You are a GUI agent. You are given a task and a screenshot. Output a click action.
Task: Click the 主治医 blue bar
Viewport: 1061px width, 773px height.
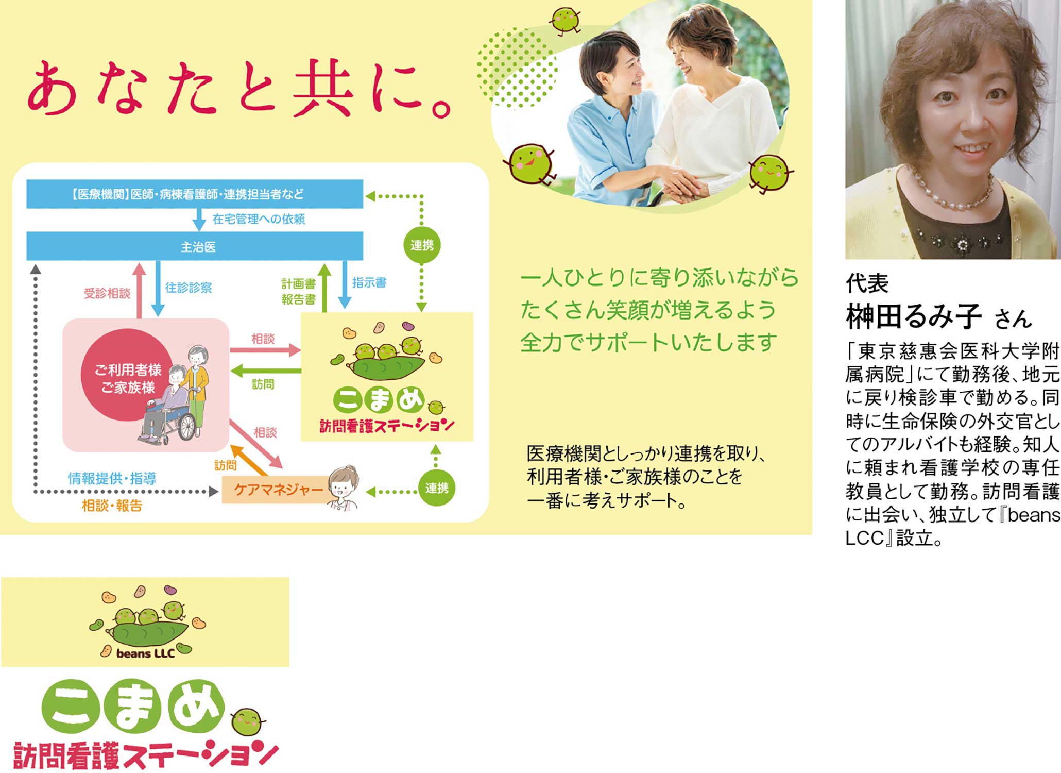coord(195,246)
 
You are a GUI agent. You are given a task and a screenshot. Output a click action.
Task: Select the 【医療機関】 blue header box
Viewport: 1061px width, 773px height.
coord(195,194)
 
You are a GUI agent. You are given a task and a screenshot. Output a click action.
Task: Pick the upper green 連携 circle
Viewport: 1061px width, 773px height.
coord(422,245)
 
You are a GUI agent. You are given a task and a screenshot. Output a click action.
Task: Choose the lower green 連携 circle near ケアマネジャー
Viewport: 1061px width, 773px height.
coord(437,488)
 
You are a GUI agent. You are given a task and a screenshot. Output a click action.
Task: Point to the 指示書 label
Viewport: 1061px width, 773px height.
coord(369,282)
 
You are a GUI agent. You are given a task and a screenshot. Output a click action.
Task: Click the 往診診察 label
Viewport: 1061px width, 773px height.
coord(189,288)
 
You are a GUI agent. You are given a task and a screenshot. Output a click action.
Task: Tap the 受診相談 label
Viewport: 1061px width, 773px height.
coord(107,293)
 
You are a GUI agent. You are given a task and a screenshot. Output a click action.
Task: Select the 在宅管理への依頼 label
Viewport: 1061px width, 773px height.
coord(259,219)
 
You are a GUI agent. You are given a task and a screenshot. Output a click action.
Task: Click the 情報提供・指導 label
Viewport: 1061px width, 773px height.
coord(112,478)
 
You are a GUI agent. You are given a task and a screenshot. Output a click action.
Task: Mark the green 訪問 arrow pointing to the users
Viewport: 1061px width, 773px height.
coord(266,371)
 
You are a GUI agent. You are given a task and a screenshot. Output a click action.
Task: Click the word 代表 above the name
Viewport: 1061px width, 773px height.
coord(867,283)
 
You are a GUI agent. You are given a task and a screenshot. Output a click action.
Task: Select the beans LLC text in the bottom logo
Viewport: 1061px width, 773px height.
coord(146,654)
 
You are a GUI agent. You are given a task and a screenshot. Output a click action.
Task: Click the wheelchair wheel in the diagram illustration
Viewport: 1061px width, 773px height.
coord(186,426)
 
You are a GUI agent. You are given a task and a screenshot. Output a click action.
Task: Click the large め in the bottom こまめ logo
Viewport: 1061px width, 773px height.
coord(198,705)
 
